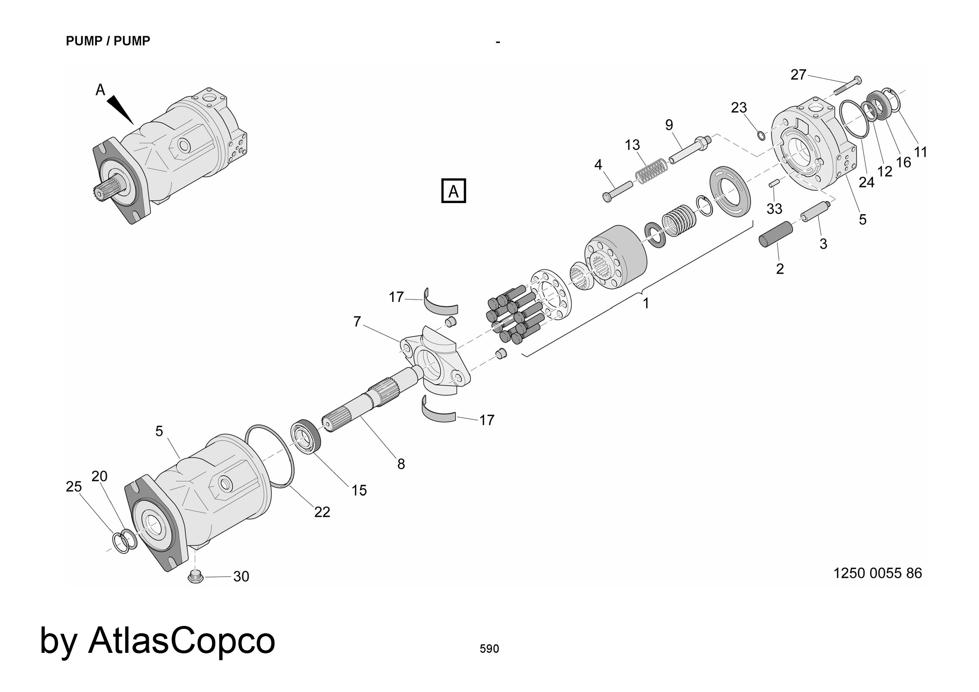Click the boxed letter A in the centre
pos(453,191)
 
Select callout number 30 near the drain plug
pos(241,577)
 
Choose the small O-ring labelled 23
pos(761,135)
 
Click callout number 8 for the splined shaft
pos(401,464)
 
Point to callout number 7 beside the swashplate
pos(357,322)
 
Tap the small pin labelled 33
pos(773,184)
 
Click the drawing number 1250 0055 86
pos(877,573)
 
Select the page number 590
pos(489,648)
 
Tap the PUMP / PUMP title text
pos(108,41)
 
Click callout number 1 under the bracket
pos(646,303)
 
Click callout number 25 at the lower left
pos(74,486)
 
